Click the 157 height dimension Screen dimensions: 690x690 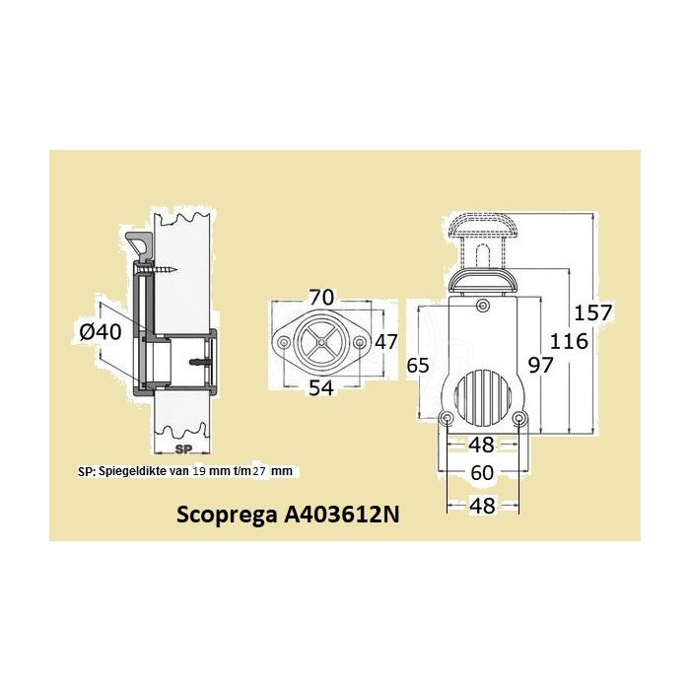[594, 313]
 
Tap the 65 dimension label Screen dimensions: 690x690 [418, 365]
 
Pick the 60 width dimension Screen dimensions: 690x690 [482, 473]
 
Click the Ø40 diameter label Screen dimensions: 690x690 [100, 331]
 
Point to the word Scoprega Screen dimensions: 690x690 [226, 515]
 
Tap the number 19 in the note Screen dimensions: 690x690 [201, 472]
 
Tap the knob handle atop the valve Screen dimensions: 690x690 [483, 228]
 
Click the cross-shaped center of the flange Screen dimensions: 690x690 [320, 342]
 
